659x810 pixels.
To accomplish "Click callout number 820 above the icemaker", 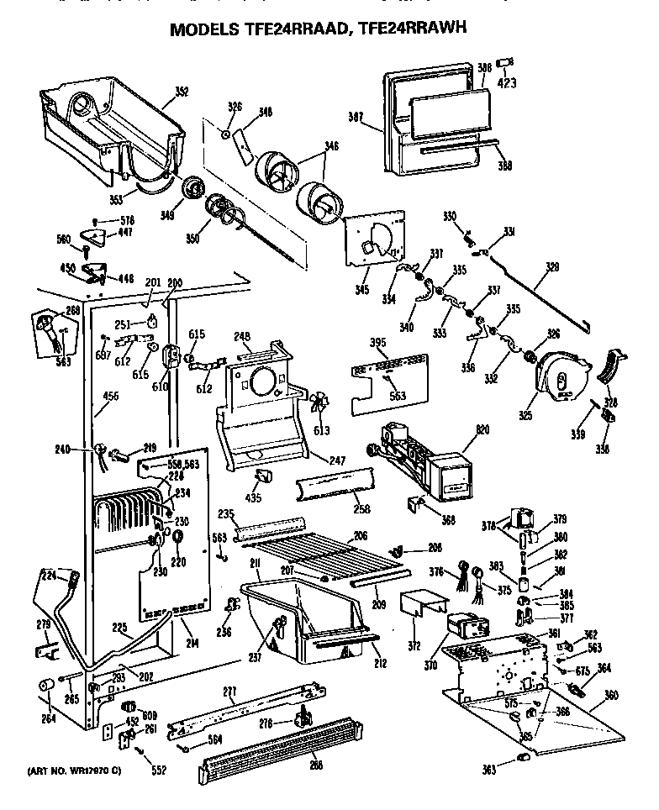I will click(x=458, y=430).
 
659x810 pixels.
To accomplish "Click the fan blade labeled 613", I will click(x=315, y=404).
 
